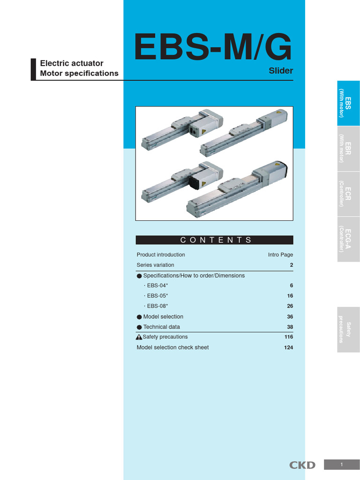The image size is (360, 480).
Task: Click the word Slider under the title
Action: [x=281, y=71]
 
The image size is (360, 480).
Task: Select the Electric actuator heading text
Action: [x=72, y=63]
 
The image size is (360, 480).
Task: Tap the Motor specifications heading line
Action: [x=79, y=74]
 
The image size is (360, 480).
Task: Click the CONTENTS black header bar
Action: [x=214, y=240]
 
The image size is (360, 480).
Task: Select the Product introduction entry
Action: [x=161, y=255]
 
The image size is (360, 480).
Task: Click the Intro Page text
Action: [x=280, y=255]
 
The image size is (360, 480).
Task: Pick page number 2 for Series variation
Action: [x=291, y=265]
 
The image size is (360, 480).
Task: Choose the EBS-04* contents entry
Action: [x=157, y=286]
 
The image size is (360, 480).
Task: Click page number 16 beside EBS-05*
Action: [x=290, y=296]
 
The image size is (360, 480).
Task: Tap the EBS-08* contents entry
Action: [x=157, y=307]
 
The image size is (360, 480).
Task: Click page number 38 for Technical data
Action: [x=290, y=327]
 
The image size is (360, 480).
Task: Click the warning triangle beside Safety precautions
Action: [x=139, y=337]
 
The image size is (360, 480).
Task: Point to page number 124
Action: [x=288, y=348]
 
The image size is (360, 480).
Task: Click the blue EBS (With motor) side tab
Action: [x=348, y=103]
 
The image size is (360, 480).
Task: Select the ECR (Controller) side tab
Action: [x=348, y=194]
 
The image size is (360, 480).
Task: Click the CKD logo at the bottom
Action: [x=302, y=465]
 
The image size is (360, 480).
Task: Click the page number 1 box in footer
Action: [x=342, y=465]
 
